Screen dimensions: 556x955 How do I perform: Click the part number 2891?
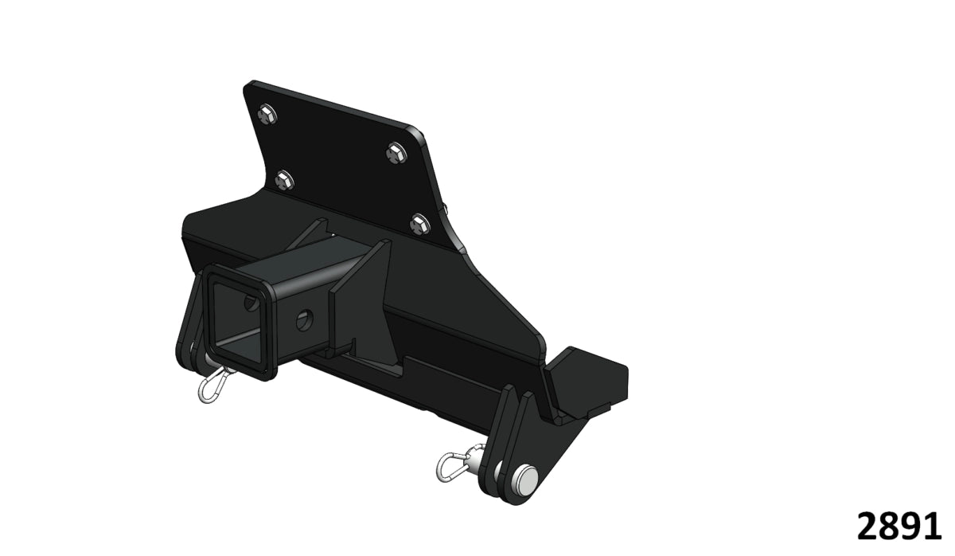[x=899, y=527]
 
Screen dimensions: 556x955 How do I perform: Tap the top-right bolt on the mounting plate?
[x=396, y=151]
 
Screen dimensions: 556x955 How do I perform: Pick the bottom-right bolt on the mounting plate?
[x=419, y=223]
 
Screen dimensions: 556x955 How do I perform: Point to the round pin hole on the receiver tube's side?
[x=305, y=321]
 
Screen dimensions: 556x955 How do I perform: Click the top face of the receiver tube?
[x=310, y=263]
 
